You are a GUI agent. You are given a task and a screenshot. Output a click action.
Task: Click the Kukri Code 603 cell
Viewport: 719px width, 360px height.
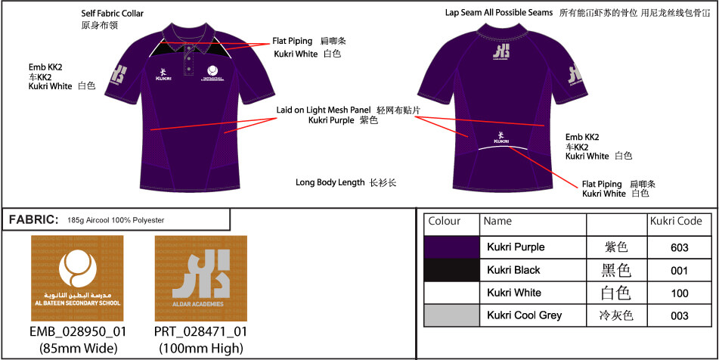[679, 247]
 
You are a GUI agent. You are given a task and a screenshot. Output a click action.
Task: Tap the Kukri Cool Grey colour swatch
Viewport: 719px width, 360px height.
[452, 315]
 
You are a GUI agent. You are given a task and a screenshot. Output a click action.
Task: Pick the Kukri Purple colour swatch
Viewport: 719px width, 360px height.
[452, 247]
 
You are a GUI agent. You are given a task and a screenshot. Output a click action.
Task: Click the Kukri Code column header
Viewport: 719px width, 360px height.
[675, 222]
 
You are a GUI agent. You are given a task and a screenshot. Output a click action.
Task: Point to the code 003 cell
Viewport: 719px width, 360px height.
[679, 315]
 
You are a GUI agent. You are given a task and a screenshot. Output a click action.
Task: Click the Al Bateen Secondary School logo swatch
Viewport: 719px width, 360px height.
[78, 278]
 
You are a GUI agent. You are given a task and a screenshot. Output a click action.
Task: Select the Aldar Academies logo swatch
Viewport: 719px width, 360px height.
[200, 278]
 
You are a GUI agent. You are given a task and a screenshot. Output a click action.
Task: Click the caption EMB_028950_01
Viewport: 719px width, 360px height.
[78, 332]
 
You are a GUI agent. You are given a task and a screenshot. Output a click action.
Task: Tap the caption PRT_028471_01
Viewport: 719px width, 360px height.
[200, 332]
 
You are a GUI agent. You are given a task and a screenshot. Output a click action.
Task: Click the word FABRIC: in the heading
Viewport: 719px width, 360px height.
[34, 220]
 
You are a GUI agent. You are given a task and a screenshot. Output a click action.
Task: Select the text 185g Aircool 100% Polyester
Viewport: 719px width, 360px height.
[116, 221]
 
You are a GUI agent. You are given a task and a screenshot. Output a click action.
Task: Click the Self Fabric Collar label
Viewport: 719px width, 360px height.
[112, 14]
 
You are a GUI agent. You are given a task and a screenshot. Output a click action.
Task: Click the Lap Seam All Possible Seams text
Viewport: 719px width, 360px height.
[499, 14]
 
